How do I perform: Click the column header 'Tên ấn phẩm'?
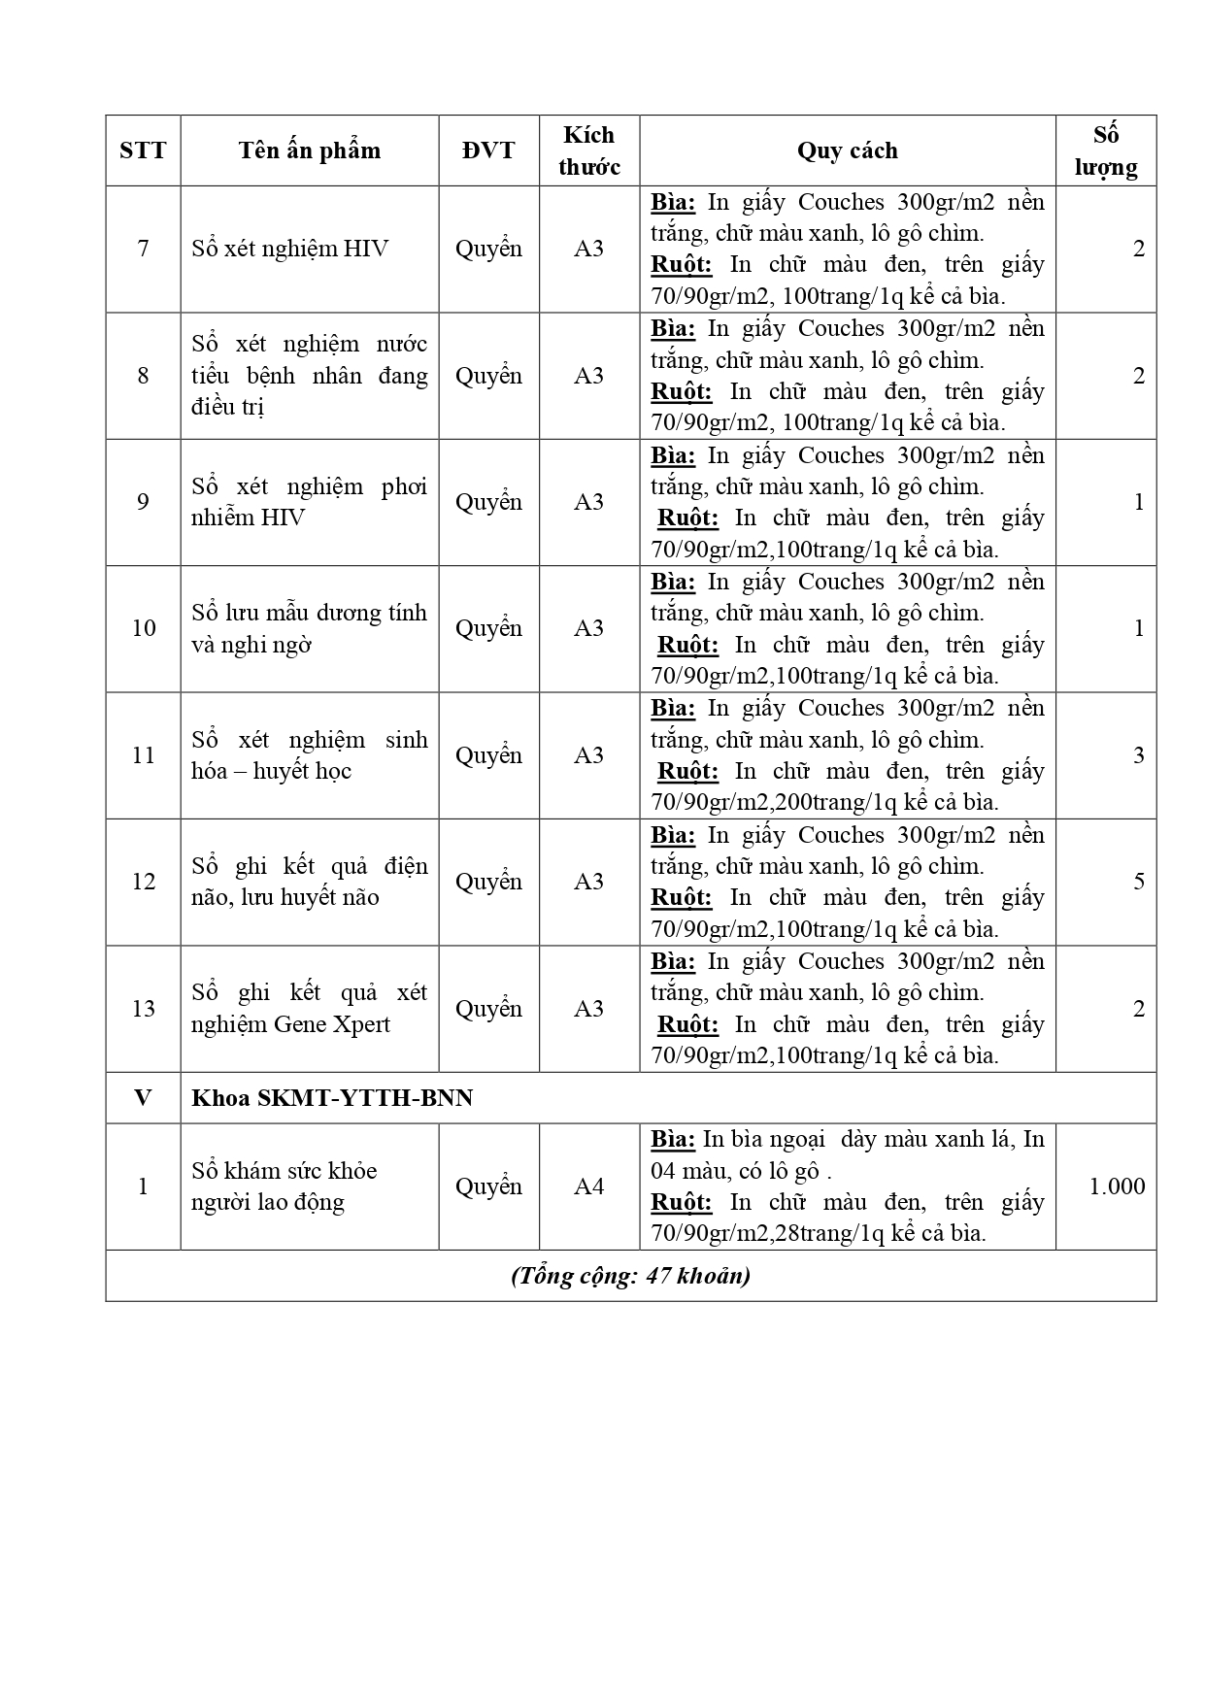(x=309, y=150)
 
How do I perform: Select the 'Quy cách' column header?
(x=847, y=150)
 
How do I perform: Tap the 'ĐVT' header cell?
(x=488, y=150)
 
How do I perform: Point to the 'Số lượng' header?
(x=1106, y=150)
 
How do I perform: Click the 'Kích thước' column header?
(x=588, y=150)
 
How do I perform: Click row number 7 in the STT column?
(x=143, y=249)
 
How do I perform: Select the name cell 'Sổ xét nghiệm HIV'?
(x=289, y=249)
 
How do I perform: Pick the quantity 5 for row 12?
(x=1139, y=882)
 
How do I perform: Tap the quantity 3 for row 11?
(x=1139, y=755)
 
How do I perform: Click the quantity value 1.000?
(x=1117, y=1186)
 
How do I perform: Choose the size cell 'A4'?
(x=588, y=1186)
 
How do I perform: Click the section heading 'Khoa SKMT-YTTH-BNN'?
(x=332, y=1098)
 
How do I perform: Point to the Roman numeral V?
(x=143, y=1098)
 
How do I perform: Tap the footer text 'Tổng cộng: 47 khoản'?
(x=630, y=1276)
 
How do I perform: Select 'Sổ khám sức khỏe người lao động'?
(x=284, y=1186)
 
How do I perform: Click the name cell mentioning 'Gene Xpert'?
(x=309, y=1009)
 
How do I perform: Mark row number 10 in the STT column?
(x=143, y=628)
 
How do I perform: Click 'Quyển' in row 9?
(x=488, y=502)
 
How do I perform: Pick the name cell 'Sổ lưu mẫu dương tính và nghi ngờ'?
(x=309, y=628)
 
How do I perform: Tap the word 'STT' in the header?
(x=143, y=150)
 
